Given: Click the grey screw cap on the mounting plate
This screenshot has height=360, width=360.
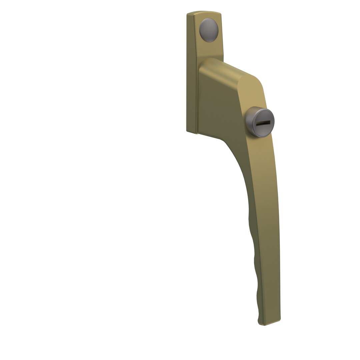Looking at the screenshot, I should point(209,30).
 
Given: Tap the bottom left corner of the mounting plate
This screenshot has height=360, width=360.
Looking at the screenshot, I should point(187,131).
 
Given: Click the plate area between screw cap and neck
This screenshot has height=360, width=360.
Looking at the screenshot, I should point(210,50).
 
